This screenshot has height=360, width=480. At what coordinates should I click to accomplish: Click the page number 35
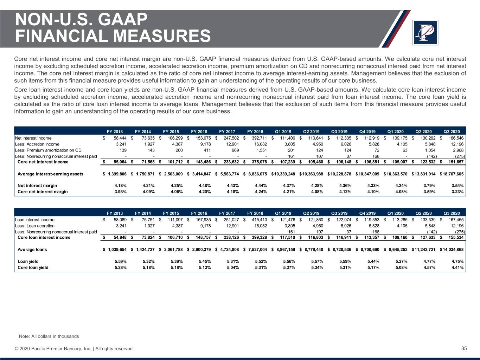point(464,348)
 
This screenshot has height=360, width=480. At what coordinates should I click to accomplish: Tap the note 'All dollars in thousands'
point(49,336)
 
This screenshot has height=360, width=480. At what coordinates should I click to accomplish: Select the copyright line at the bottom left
point(73,349)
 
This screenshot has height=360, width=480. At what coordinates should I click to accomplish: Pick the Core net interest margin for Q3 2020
point(456,192)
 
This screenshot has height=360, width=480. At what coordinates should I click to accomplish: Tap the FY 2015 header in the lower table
point(171,213)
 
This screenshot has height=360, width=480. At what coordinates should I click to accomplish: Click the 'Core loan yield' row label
point(33,268)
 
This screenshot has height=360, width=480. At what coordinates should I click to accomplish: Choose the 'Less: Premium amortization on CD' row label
point(49,150)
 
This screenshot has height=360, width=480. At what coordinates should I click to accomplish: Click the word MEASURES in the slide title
point(162,36)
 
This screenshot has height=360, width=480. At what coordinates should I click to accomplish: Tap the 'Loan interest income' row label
point(35,220)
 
